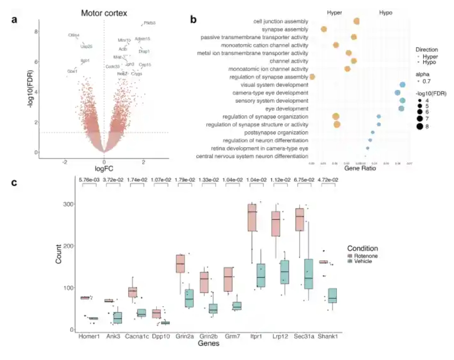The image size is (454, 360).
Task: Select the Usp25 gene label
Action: click(x=86, y=46)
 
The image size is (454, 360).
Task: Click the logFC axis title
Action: click(x=104, y=168)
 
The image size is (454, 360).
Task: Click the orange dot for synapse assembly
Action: click(x=324, y=29)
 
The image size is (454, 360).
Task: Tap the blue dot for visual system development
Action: click(x=403, y=85)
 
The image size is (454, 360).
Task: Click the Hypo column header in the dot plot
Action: click(x=385, y=12)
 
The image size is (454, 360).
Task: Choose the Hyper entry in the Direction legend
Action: click(x=430, y=57)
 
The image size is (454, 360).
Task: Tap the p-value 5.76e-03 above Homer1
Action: click(x=89, y=180)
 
